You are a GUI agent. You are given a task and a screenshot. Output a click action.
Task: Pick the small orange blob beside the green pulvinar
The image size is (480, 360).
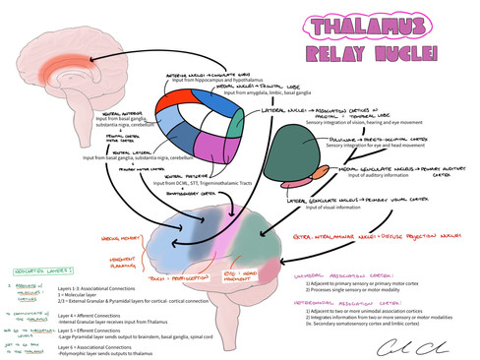click(x=320, y=174)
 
